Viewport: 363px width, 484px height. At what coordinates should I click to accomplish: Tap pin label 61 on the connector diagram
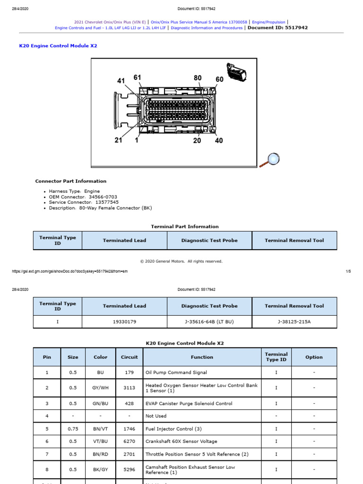pyautogui.click(x=137, y=78)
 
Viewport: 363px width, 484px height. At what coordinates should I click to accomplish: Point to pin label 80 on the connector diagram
pyautogui.click(x=198, y=78)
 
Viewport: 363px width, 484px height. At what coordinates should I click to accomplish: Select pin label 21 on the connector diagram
pyautogui.click(x=118, y=140)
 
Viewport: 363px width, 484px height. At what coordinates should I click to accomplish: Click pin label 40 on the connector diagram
pyautogui.click(x=219, y=140)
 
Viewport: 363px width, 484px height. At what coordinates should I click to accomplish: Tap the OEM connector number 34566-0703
pyautogui.click(x=100, y=197)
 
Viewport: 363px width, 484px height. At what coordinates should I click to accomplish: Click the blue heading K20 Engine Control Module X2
pyautogui.click(x=58, y=46)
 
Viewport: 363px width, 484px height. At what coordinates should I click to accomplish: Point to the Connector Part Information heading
pyautogui.click(x=71, y=181)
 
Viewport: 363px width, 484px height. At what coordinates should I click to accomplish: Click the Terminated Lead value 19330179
pyautogui.click(x=124, y=322)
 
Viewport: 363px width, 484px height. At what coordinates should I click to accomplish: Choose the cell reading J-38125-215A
pyautogui.click(x=294, y=322)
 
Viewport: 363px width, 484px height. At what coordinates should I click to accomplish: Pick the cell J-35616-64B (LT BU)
pyautogui.click(x=209, y=322)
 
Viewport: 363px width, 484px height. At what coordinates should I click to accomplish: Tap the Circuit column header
pyautogui.click(x=129, y=357)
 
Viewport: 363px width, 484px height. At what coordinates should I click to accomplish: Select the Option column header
pyautogui.click(x=314, y=357)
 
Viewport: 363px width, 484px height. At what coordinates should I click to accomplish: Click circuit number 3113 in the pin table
pyautogui.click(x=129, y=388)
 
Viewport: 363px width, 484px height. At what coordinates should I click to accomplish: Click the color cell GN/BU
pyautogui.click(x=101, y=404)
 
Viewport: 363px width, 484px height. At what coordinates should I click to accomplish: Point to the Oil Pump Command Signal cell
pyautogui.click(x=176, y=372)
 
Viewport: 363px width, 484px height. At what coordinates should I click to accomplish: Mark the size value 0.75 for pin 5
pyautogui.click(x=72, y=429)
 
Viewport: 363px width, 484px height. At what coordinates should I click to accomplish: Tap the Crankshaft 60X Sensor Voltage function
pyautogui.click(x=181, y=441)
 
